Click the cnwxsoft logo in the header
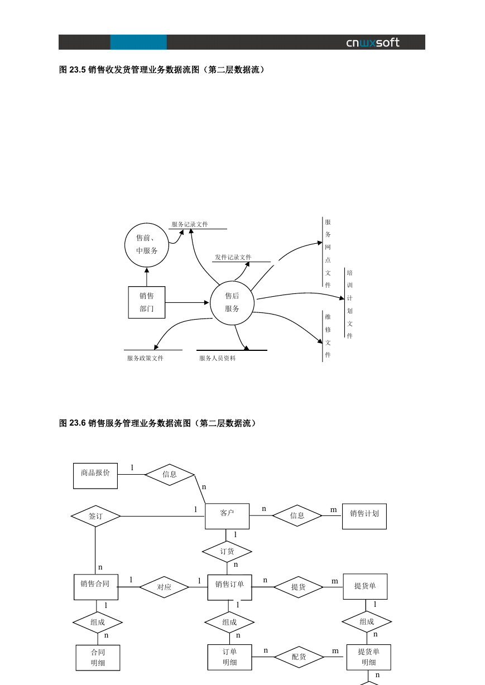pyautogui.click(x=372, y=43)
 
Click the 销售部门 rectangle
pyautogui.click(x=147, y=302)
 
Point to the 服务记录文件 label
pyautogui.click(x=190, y=224)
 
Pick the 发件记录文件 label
pyautogui.click(x=233, y=257)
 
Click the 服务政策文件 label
pyautogui.click(x=145, y=358)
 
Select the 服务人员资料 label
pyautogui.click(x=217, y=358)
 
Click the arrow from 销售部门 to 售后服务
pyautogui.click(x=187, y=303)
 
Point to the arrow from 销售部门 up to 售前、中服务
pyautogui.click(x=147, y=277)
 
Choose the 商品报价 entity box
pyautogui.click(x=95, y=476)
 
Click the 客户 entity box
pyautogui.click(x=227, y=516)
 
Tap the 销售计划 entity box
pyautogui.click(x=364, y=516)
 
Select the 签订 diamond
pyautogui.click(x=95, y=516)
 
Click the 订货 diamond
pyautogui.click(x=227, y=551)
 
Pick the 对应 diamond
pyautogui.click(x=164, y=587)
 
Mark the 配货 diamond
pyautogui.click(x=299, y=657)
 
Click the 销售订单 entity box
pyautogui.click(x=230, y=587)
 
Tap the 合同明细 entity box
pyautogui.click(x=98, y=658)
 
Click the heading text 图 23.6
pyautogui.click(x=72, y=423)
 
